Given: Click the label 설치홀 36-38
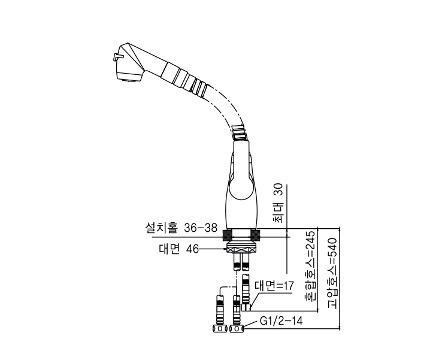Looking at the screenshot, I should pyautogui.click(x=180, y=228).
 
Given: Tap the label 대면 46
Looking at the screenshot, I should pyautogui.click(x=178, y=249).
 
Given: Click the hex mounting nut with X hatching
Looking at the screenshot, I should pyautogui.click(x=243, y=249).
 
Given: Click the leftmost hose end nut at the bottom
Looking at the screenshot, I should pyautogui.click(x=217, y=329).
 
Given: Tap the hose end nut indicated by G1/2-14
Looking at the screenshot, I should pyautogui.click(x=238, y=329).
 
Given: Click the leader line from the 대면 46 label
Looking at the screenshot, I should pyautogui.click(x=212, y=249).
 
